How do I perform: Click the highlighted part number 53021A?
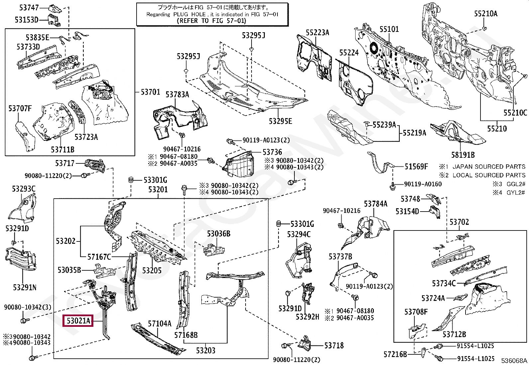tap(78, 321)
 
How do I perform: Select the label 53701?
tap(150, 92)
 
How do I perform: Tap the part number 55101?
tap(389, 29)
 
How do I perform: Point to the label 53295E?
tap(280, 121)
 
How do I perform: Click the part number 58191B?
tap(463, 155)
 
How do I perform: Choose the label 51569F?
tap(416, 166)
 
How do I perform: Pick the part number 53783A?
tap(177, 95)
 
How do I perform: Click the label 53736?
tap(272, 152)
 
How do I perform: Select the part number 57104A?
tap(159, 323)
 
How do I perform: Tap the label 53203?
tap(205, 350)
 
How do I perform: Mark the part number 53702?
tap(459, 222)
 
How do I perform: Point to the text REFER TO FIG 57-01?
tap(212, 21)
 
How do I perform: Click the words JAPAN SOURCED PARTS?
tap(489, 167)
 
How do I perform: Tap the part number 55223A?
tap(317, 33)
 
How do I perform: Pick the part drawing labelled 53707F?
tap(26, 136)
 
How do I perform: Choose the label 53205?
tap(152, 270)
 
